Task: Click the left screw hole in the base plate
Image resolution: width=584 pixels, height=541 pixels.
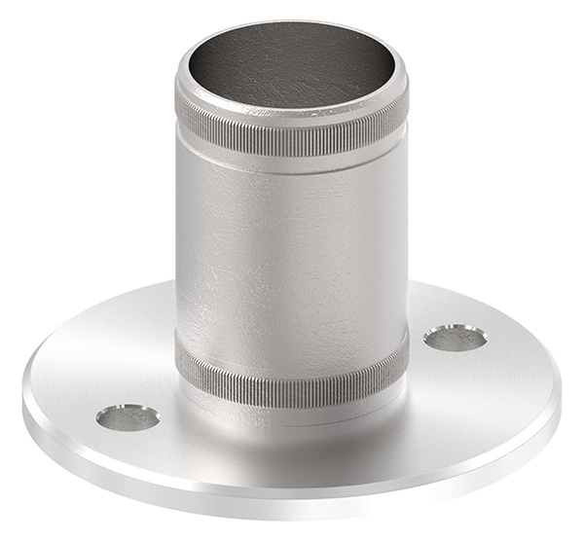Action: [x=128, y=417]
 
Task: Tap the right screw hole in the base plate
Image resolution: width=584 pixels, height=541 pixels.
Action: [x=456, y=338]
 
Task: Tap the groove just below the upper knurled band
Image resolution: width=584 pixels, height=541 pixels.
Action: [x=292, y=162]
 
